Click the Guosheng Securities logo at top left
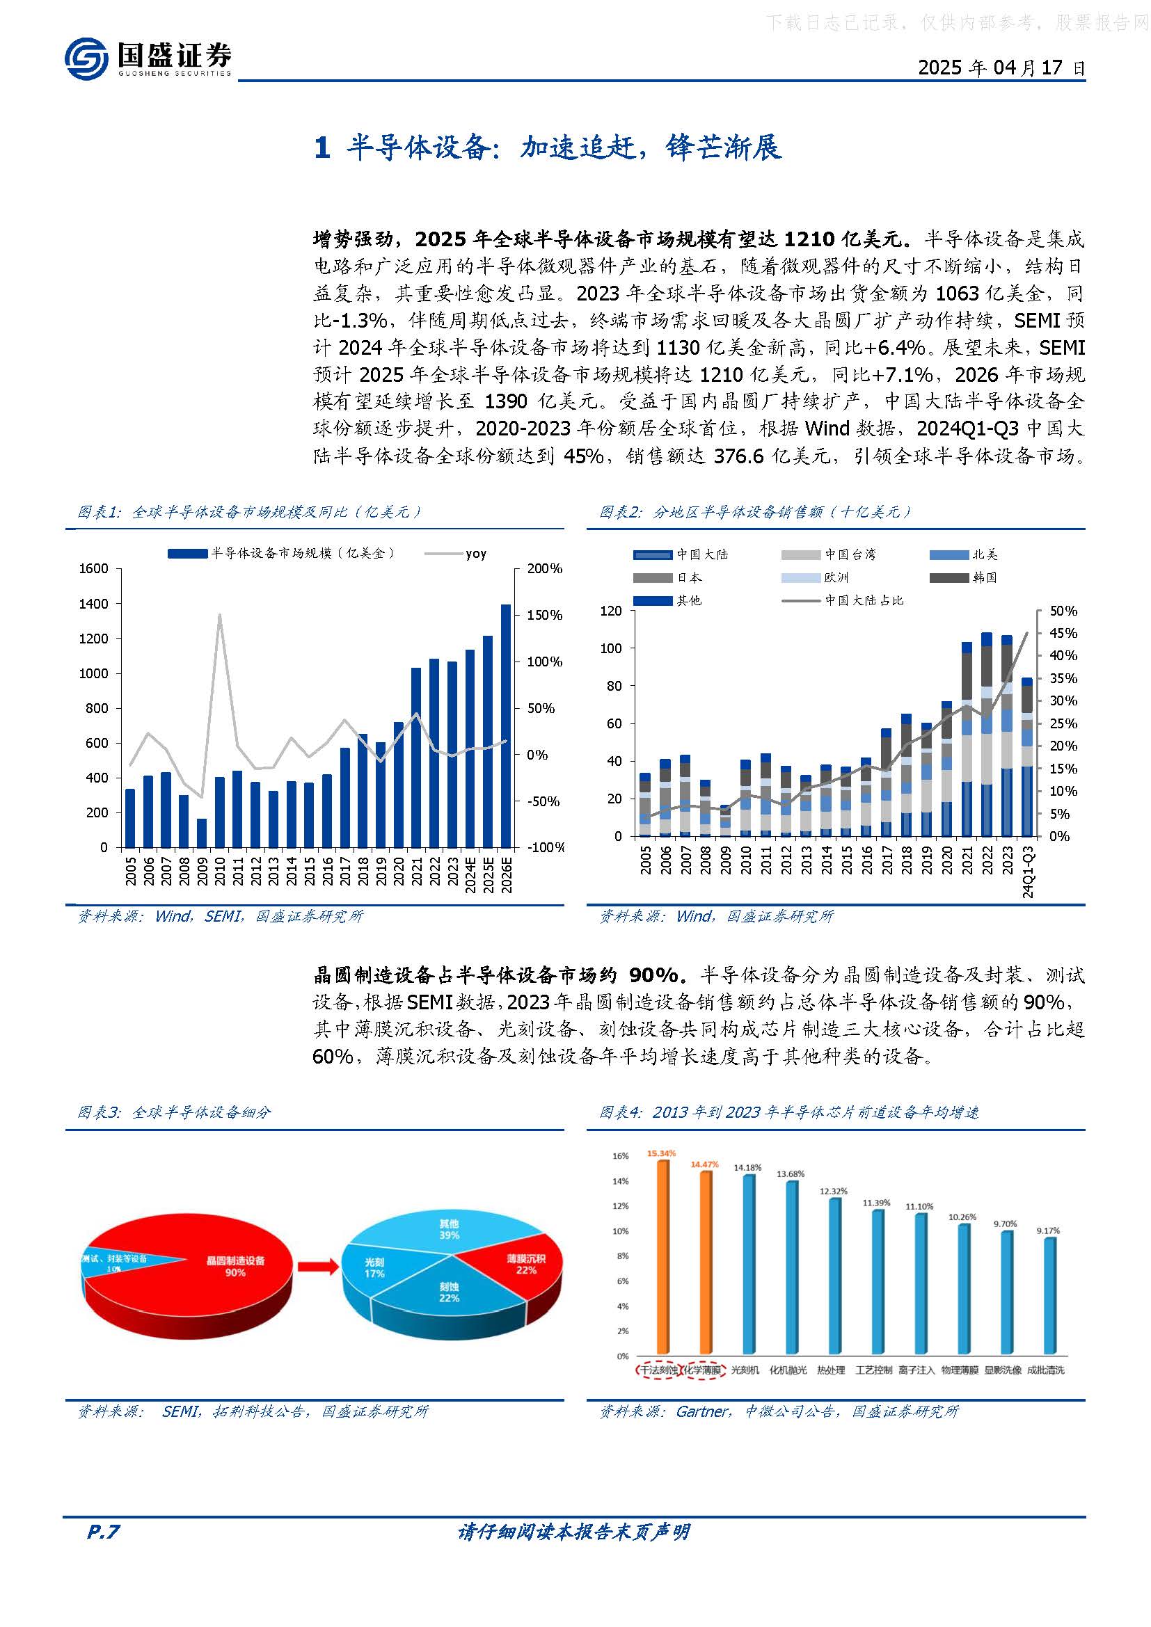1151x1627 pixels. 148,58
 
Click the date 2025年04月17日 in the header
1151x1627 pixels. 1001,67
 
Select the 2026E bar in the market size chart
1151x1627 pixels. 506,726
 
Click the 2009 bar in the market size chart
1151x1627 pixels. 202,833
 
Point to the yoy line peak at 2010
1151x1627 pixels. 220,615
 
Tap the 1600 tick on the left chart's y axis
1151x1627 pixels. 94,568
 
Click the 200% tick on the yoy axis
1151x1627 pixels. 544,568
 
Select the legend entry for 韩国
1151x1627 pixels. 985,577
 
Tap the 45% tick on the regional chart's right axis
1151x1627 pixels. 1063,633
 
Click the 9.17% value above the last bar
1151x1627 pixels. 1048,1231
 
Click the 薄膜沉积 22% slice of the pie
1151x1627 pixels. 526,1263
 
